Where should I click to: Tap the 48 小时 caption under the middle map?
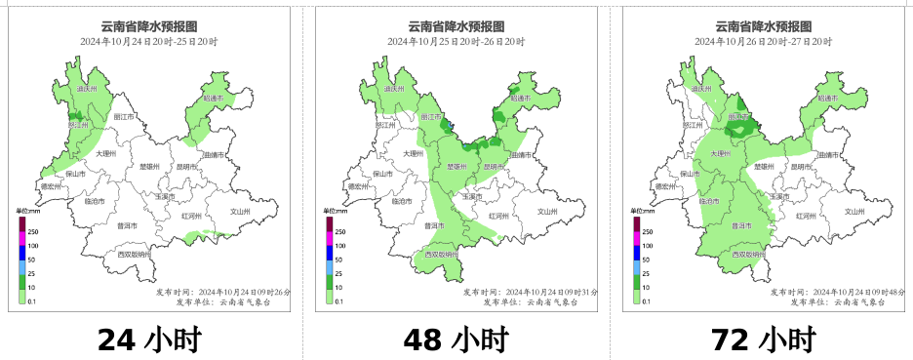coord(456,340)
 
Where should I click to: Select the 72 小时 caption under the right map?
coord(763,340)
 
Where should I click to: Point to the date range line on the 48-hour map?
coord(456,42)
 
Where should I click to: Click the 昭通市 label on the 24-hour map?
coord(214,99)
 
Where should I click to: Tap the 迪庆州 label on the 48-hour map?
coord(394,89)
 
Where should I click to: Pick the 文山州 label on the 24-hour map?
coord(240,212)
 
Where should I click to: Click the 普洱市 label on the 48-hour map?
coord(433,225)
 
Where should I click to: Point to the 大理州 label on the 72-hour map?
coord(720,154)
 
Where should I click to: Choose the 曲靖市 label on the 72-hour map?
coord(829,155)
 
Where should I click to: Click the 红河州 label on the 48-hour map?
coord(496,215)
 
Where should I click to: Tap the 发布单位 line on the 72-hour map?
coord(838,302)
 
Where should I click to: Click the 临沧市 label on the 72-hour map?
coord(710,201)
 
